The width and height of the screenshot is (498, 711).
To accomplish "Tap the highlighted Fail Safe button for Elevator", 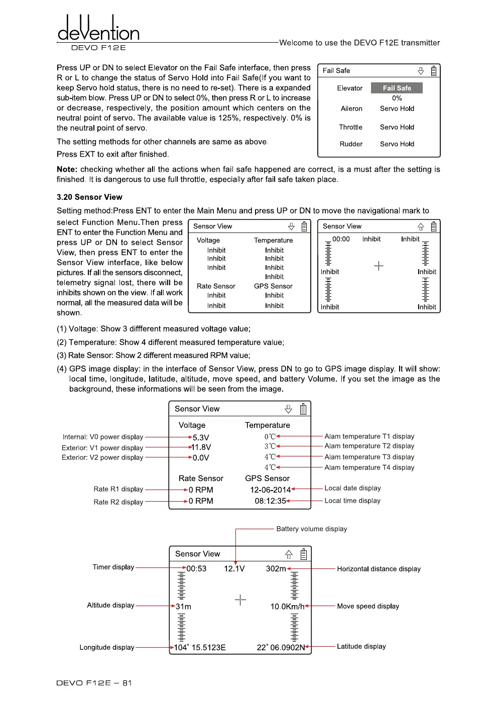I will pyautogui.click(x=397, y=88).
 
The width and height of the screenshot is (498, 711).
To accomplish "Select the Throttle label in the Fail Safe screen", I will pyautogui.click(x=350, y=127).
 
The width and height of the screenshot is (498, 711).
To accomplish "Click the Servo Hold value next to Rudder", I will pyautogui.click(x=397, y=144).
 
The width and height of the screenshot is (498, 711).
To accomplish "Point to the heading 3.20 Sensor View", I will pyautogui.click(x=89, y=197).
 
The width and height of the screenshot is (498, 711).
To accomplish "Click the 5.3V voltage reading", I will pyautogui.click(x=201, y=437).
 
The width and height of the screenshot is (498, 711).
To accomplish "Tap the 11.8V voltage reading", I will pyautogui.click(x=201, y=447).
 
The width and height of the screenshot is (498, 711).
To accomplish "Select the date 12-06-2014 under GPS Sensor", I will pyautogui.click(x=270, y=490).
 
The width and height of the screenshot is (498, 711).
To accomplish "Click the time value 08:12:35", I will pyautogui.click(x=270, y=501).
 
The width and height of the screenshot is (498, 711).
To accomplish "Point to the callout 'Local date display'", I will pyautogui.click(x=352, y=488).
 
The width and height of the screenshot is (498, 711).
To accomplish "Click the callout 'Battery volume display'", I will pyautogui.click(x=311, y=529).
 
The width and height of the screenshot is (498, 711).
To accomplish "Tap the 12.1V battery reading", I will pyautogui.click(x=234, y=568).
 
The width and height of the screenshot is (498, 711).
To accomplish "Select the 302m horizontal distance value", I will pyautogui.click(x=276, y=568).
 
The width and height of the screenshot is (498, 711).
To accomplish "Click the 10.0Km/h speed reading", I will pyautogui.click(x=287, y=607).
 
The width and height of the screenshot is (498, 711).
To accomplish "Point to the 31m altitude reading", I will pyautogui.click(x=183, y=607).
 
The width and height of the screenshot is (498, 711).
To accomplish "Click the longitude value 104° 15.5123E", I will pyautogui.click(x=200, y=647).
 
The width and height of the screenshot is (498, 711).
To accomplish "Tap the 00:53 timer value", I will pyautogui.click(x=196, y=568).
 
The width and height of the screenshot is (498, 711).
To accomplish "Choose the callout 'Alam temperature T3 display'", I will pyautogui.click(x=369, y=457).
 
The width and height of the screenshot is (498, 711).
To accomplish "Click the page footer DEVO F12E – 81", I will pyautogui.click(x=94, y=683).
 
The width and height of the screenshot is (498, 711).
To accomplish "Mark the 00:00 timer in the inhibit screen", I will pyautogui.click(x=341, y=239).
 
